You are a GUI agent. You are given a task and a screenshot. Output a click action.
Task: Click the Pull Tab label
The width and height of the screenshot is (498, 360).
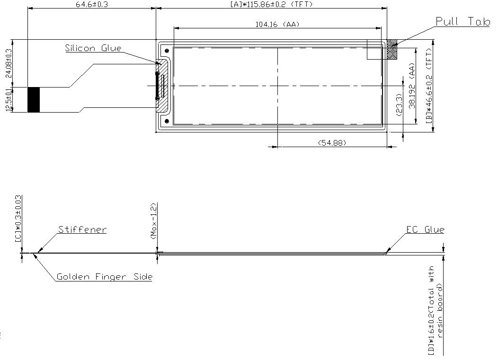tap(462, 22)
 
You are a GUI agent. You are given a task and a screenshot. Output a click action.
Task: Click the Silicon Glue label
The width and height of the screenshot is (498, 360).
tap(93, 48)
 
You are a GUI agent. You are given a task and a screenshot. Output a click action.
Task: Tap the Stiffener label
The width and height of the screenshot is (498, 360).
tap(82, 230)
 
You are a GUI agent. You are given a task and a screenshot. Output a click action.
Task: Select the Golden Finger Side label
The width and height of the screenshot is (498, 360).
tap(104, 277)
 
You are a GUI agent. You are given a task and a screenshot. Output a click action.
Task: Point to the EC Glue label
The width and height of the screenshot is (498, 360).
tap(425, 230)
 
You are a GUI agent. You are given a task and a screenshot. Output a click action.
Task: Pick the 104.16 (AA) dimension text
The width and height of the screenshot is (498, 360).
tap(277, 25)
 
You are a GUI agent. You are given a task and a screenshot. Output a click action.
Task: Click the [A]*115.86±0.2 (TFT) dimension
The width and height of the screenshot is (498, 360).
tap(271, 4)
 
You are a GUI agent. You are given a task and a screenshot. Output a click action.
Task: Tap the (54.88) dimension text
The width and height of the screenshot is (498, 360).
tap(332, 142)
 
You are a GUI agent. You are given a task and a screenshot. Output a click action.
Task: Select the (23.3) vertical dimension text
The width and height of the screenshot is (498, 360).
tap(398, 105)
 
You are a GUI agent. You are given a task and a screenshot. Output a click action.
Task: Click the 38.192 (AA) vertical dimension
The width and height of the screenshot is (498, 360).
tap(412, 87)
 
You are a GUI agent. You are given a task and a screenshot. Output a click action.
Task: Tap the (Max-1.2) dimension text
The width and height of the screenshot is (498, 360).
tap(153, 221)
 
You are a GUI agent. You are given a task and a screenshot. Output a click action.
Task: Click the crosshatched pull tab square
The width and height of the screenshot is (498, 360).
tap(392, 50)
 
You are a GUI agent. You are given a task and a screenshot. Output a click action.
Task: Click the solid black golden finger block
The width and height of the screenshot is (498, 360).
tap(34, 100)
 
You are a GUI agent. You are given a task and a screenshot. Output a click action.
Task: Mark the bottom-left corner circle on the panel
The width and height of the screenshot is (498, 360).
tap(167, 121)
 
